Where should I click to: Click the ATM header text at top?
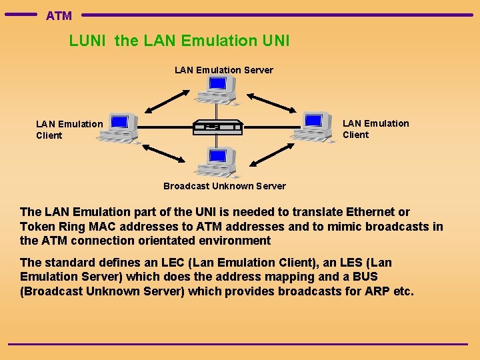tap(59, 15)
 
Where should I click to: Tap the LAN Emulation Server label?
tap(223, 70)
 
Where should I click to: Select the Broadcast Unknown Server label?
tap(224, 186)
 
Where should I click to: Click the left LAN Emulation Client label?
tap(69, 129)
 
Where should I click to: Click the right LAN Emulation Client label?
tap(375, 129)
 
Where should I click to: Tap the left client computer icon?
tap(119, 127)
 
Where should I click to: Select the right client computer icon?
tap(313, 127)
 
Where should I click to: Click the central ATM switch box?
tap(217, 127)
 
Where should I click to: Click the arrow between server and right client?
tap(275, 100)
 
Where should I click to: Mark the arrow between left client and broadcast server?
tap(163, 152)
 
